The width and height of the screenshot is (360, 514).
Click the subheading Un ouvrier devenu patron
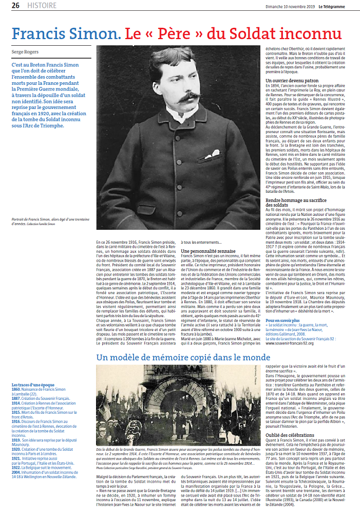[292, 81]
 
